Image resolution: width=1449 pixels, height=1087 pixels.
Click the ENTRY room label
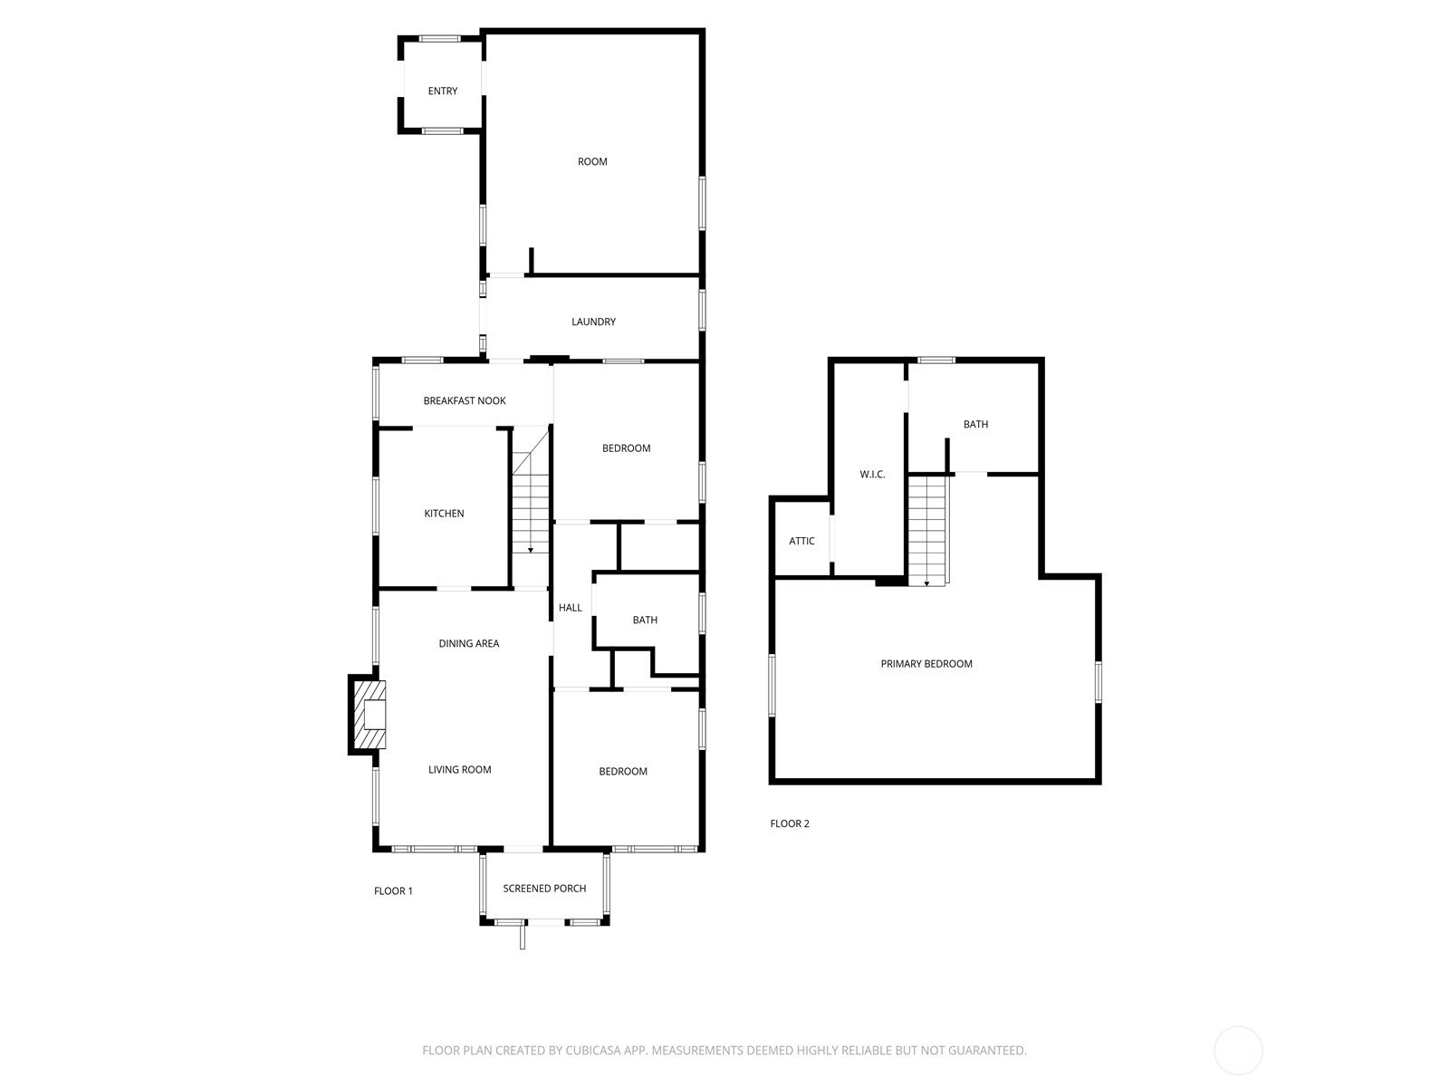pyautogui.click(x=442, y=91)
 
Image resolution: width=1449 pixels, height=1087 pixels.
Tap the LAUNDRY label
pyautogui.click(x=593, y=322)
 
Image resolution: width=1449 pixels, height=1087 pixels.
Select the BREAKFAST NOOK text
pyautogui.click(x=465, y=400)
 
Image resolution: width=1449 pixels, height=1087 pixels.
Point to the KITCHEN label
pyautogui.click(x=444, y=514)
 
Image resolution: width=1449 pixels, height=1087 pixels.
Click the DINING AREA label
pyautogui.click(x=469, y=643)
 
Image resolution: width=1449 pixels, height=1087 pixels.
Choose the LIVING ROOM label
pyautogui.click(x=459, y=770)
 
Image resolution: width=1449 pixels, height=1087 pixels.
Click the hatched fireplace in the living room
pyautogui.click(x=369, y=715)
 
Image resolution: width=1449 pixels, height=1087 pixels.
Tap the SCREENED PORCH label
pyautogui.click(x=544, y=889)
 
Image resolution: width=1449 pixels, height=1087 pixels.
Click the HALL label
pyautogui.click(x=571, y=608)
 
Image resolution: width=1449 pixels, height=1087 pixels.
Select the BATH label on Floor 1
pyautogui.click(x=645, y=620)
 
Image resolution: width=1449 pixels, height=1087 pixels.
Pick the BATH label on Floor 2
pyautogui.click(x=975, y=424)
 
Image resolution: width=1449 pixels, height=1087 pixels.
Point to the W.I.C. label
pyautogui.click(x=872, y=475)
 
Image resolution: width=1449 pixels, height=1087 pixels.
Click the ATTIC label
pyautogui.click(x=801, y=541)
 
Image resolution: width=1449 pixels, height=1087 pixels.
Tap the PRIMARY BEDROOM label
pyautogui.click(x=926, y=664)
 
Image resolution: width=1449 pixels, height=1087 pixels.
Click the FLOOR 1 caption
pyautogui.click(x=393, y=891)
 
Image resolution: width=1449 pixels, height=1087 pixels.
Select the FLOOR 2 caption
pyautogui.click(x=790, y=823)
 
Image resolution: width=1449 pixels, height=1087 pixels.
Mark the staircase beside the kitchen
pyautogui.click(x=531, y=490)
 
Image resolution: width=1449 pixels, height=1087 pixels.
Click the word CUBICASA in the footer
pyautogui.click(x=593, y=1050)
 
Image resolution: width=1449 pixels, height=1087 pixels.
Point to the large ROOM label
pyautogui.click(x=592, y=162)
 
